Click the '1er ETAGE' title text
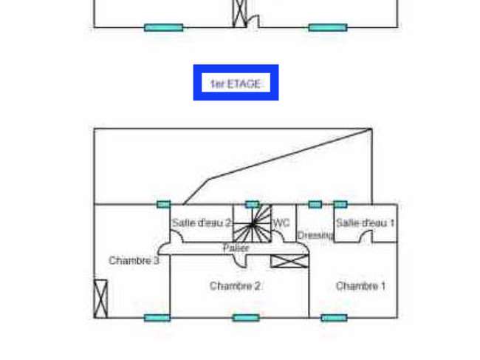[236, 84]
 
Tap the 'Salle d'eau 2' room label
[202, 223]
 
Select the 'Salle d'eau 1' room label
[366, 223]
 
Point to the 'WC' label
[281, 223]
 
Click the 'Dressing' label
[315, 235]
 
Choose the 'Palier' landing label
[236, 248]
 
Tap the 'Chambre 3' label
[134, 260]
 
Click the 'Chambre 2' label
[235, 286]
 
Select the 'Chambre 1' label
[360, 286]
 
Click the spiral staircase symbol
[253, 224]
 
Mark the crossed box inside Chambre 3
[100, 299]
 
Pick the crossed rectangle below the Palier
[289, 261]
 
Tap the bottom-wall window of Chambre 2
[246, 318]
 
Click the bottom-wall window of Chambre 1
[334, 318]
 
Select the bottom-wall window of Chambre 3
[157, 318]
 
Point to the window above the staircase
[253, 204]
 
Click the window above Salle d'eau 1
[340, 204]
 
